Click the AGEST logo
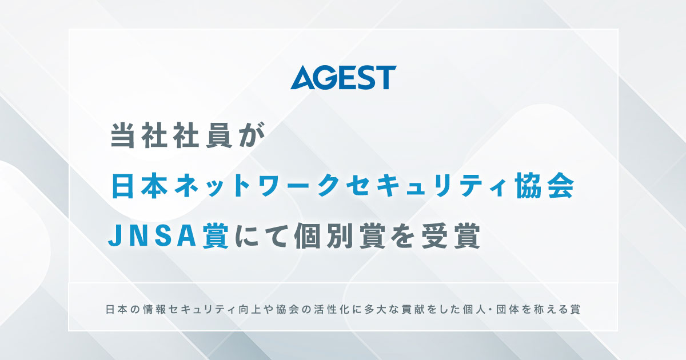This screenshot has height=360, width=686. coord(343,78)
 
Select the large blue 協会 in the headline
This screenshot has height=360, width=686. coord(541,187)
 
